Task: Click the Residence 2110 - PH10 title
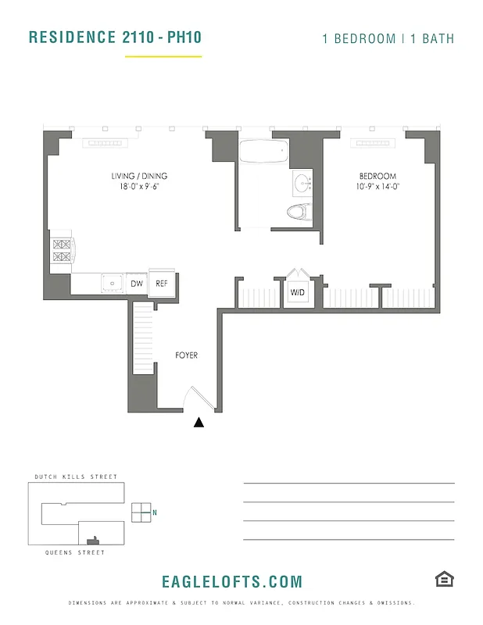115,37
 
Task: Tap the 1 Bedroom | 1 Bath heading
388,38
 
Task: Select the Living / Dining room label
139,177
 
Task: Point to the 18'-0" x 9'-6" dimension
139,187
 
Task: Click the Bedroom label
377,177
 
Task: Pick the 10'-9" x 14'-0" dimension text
377,187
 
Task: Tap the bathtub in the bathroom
263,152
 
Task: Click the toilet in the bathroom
299,212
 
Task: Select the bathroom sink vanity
302,184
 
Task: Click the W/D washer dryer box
298,293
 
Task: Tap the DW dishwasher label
136,284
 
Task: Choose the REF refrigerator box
162,284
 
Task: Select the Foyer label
186,355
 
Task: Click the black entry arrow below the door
199,423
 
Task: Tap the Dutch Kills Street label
76,477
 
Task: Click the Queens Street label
76,552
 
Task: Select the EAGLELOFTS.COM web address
231,582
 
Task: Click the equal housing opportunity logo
444,579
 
